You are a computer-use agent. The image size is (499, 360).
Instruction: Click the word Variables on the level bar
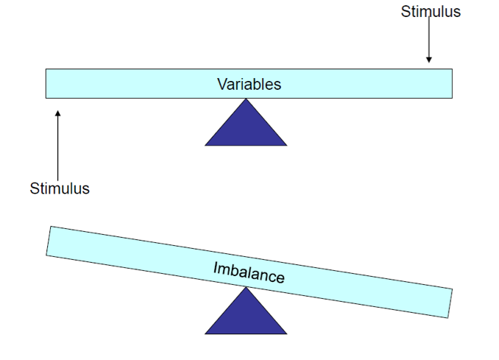click(249, 84)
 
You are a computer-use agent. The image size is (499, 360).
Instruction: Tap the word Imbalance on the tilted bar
click(249, 272)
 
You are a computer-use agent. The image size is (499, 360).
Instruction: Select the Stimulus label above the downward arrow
click(431, 12)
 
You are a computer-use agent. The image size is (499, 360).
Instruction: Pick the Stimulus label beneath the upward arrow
click(60, 188)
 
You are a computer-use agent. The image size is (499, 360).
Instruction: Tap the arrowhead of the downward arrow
click(429, 60)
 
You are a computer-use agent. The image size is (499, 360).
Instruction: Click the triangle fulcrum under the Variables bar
click(246, 128)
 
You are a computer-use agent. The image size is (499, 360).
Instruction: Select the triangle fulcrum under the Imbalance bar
click(246, 317)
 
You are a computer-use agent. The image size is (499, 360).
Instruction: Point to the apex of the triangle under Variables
click(246, 100)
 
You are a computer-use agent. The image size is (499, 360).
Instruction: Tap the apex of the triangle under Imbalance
click(246, 289)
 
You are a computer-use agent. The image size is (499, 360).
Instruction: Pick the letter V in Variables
click(222, 84)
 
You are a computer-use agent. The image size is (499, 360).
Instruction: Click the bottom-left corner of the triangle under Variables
click(206, 144)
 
